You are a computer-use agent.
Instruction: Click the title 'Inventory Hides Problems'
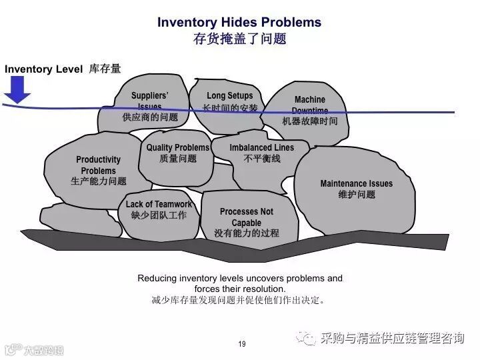[x=239, y=22]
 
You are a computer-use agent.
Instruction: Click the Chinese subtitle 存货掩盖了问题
[x=239, y=39]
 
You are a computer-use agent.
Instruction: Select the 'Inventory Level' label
[x=44, y=69]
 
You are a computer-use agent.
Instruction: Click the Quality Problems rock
[x=178, y=153]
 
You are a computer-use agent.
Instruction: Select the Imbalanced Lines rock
[x=261, y=153]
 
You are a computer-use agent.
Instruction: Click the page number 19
[x=241, y=344]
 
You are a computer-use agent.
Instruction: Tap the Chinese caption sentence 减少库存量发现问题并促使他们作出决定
[x=239, y=300]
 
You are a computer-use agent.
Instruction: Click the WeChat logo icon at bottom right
[x=308, y=339]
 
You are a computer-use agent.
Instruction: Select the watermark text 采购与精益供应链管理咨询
[x=392, y=339]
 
